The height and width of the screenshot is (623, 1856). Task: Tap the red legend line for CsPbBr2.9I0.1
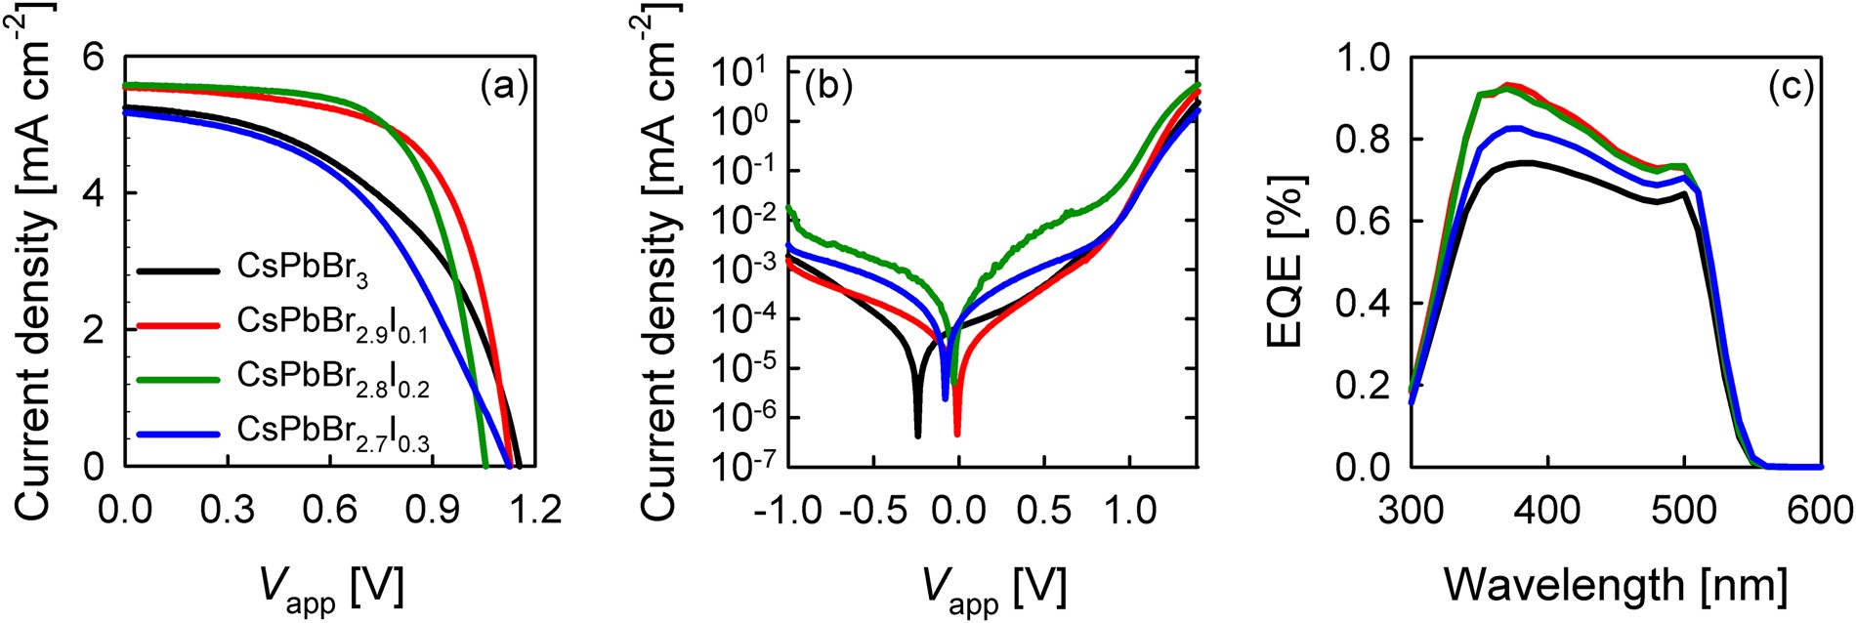[178, 323]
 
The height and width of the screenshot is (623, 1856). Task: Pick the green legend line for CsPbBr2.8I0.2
[178, 379]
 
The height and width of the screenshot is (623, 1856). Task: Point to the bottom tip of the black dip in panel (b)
[918, 436]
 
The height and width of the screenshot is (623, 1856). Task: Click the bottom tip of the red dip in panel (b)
[957, 434]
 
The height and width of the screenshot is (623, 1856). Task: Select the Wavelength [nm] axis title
[1616, 586]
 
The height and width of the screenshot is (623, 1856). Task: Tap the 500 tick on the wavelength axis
[1684, 511]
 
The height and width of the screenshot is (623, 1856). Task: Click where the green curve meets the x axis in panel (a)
[485, 466]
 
